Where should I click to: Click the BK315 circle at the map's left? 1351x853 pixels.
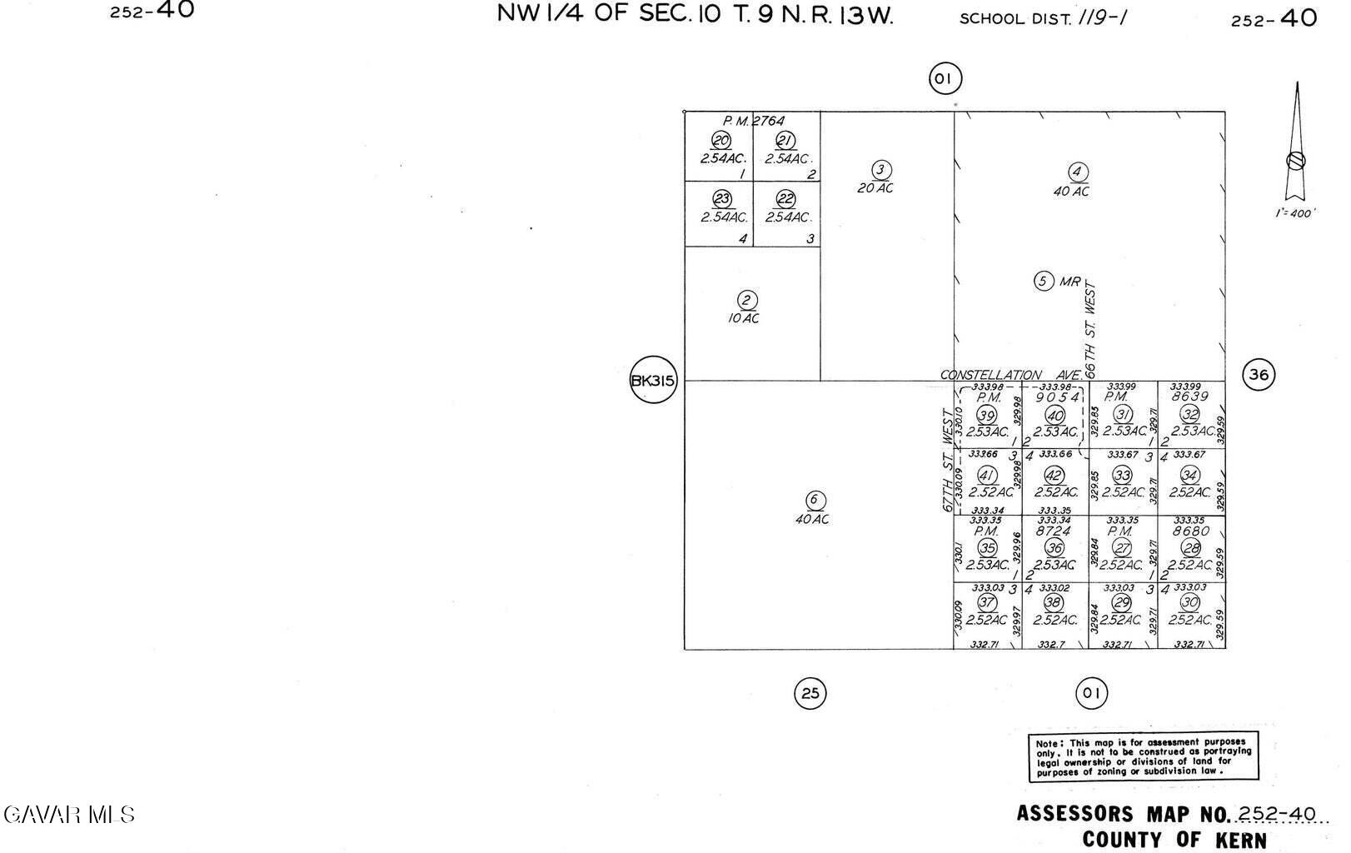click(653, 381)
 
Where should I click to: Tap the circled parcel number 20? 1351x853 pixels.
click(720, 141)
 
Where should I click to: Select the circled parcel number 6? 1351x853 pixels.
click(815, 500)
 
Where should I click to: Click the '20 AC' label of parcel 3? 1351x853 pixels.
click(875, 188)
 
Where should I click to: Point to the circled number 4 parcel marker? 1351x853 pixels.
click(1078, 172)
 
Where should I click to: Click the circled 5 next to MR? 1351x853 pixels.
click(1044, 281)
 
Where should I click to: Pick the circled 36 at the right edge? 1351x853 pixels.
click(1258, 375)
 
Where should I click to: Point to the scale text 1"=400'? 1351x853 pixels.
click(1295, 213)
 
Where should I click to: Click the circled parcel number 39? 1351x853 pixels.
click(987, 416)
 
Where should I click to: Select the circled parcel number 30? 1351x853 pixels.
click(1190, 603)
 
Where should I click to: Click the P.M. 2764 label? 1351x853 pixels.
click(753, 121)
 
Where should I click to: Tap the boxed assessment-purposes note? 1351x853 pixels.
click(1144, 757)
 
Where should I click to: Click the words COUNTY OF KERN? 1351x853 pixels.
click(1174, 840)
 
